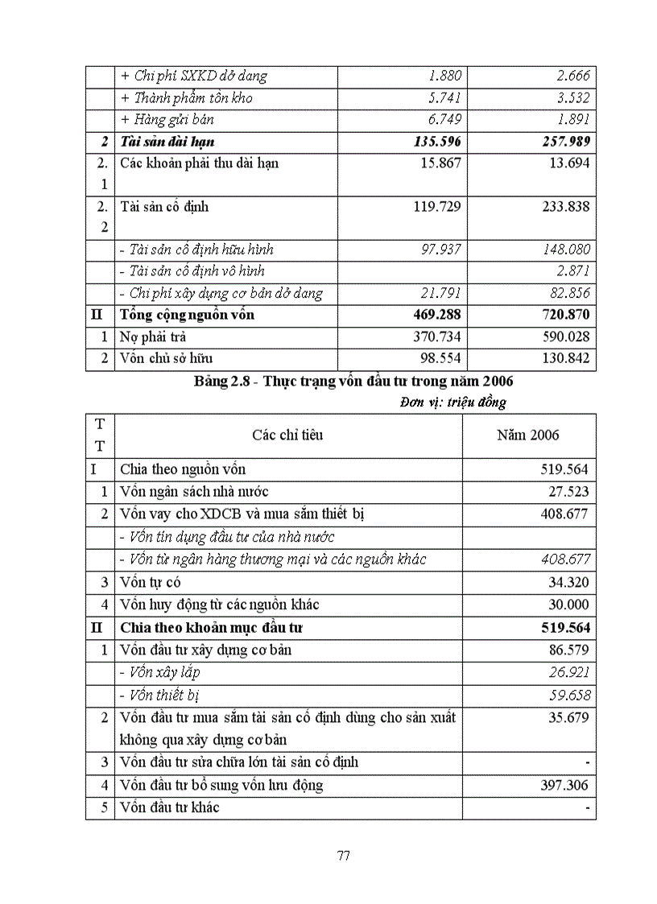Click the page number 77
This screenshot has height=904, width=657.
343,855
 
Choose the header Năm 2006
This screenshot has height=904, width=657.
528,435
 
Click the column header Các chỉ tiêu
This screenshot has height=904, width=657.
287,435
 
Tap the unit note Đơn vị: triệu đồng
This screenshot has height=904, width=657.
452,402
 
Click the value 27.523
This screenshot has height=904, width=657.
568,492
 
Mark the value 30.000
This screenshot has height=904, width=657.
568,605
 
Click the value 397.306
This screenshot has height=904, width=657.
564,785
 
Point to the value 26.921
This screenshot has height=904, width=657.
568,672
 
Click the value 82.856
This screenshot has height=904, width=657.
568,294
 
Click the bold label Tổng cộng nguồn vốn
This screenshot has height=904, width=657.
187,315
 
